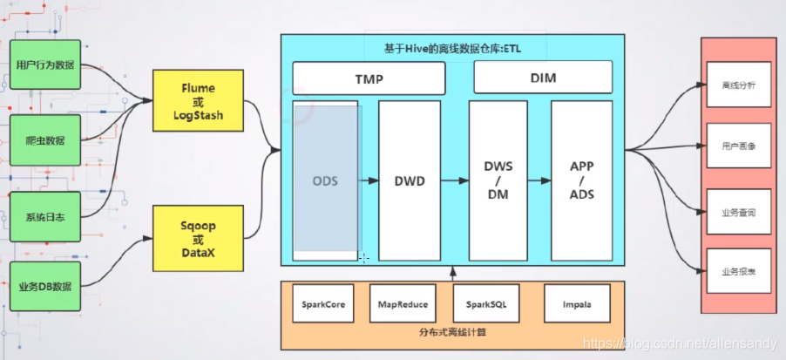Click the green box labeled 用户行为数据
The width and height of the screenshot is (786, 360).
click(x=45, y=65)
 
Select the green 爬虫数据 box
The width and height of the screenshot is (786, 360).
click(x=45, y=140)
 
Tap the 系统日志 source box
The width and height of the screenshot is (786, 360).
click(x=45, y=217)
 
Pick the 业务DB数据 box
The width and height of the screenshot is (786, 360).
click(x=45, y=286)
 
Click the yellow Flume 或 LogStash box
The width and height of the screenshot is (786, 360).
click(x=198, y=101)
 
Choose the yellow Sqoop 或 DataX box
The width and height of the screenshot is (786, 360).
click(x=198, y=238)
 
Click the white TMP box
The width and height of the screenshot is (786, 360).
click(x=369, y=78)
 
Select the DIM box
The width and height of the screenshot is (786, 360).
click(x=543, y=78)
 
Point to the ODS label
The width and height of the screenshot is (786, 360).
click(x=325, y=180)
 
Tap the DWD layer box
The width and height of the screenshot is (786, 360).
click(x=410, y=180)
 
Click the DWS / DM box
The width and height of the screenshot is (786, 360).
click(x=498, y=180)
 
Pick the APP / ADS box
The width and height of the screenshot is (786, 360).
click(x=581, y=180)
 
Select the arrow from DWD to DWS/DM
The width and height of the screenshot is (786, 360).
click(x=455, y=180)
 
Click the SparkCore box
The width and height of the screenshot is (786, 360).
click(x=323, y=304)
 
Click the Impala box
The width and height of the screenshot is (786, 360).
click(x=578, y=304)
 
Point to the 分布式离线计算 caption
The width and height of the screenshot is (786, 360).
click(x=452, y=332)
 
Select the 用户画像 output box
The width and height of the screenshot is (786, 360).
click(x=738, y=146)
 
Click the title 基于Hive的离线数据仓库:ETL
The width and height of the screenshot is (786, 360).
click(x=453, y=48)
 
